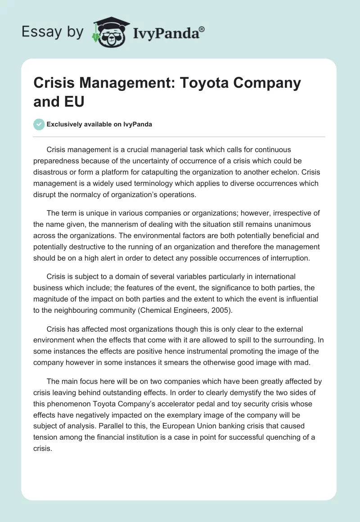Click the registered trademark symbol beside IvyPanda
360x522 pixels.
(202, 29)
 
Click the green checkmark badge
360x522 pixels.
(39, 124)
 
